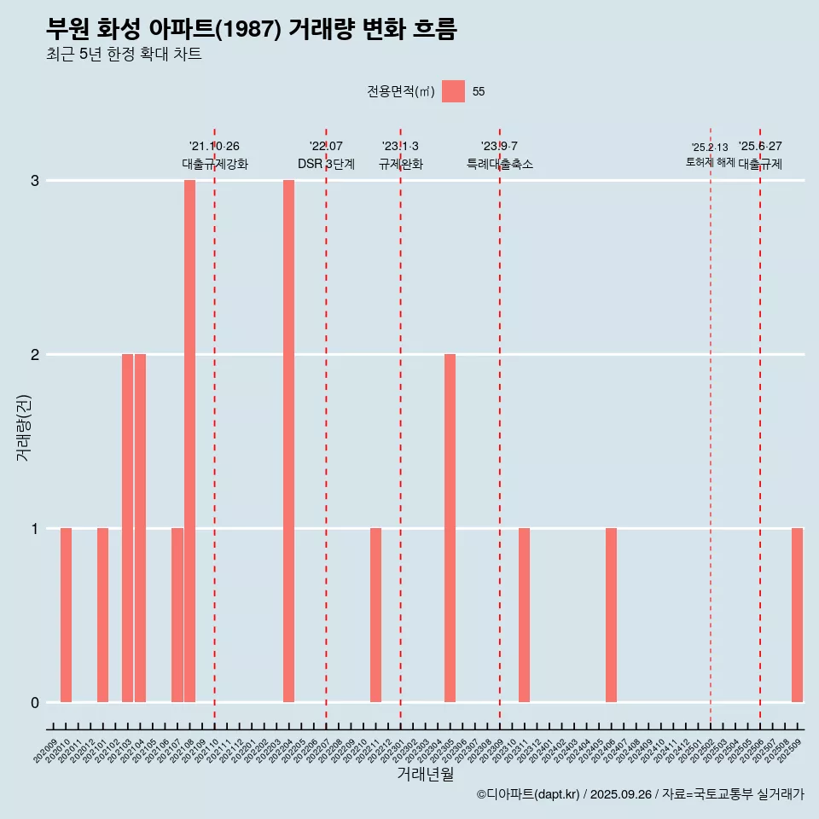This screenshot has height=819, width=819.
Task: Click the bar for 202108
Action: pos(189,441)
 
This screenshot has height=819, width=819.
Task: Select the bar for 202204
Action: pos(288,441)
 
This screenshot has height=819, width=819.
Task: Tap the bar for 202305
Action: pos(450,528)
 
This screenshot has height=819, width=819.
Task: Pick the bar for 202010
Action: pos(66,615)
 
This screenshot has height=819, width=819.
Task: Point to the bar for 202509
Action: pos(797,615)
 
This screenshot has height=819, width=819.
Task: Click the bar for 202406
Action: pos(611,615)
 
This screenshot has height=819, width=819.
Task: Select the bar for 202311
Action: pos(524,615)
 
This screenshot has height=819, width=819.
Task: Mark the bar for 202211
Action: pos(375,615)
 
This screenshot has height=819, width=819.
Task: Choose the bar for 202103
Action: pos(127,528)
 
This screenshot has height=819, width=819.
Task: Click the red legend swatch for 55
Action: pos(453,91)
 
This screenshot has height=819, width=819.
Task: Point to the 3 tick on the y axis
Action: pos(35,181)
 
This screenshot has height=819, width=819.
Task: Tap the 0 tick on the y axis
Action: pos(35,703)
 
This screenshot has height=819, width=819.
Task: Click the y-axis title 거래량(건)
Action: pos(23,427)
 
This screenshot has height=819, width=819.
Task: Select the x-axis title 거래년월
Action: pos(425,775)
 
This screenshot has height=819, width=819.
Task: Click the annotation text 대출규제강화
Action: pos(215,164)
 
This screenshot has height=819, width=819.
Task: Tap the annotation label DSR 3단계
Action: pos(326,164)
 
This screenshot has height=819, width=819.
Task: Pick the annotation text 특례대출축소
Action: pos(500,164)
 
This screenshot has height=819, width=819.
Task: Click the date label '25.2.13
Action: pos(710,147)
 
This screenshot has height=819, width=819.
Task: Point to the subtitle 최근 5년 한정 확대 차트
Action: pos(125,55)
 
